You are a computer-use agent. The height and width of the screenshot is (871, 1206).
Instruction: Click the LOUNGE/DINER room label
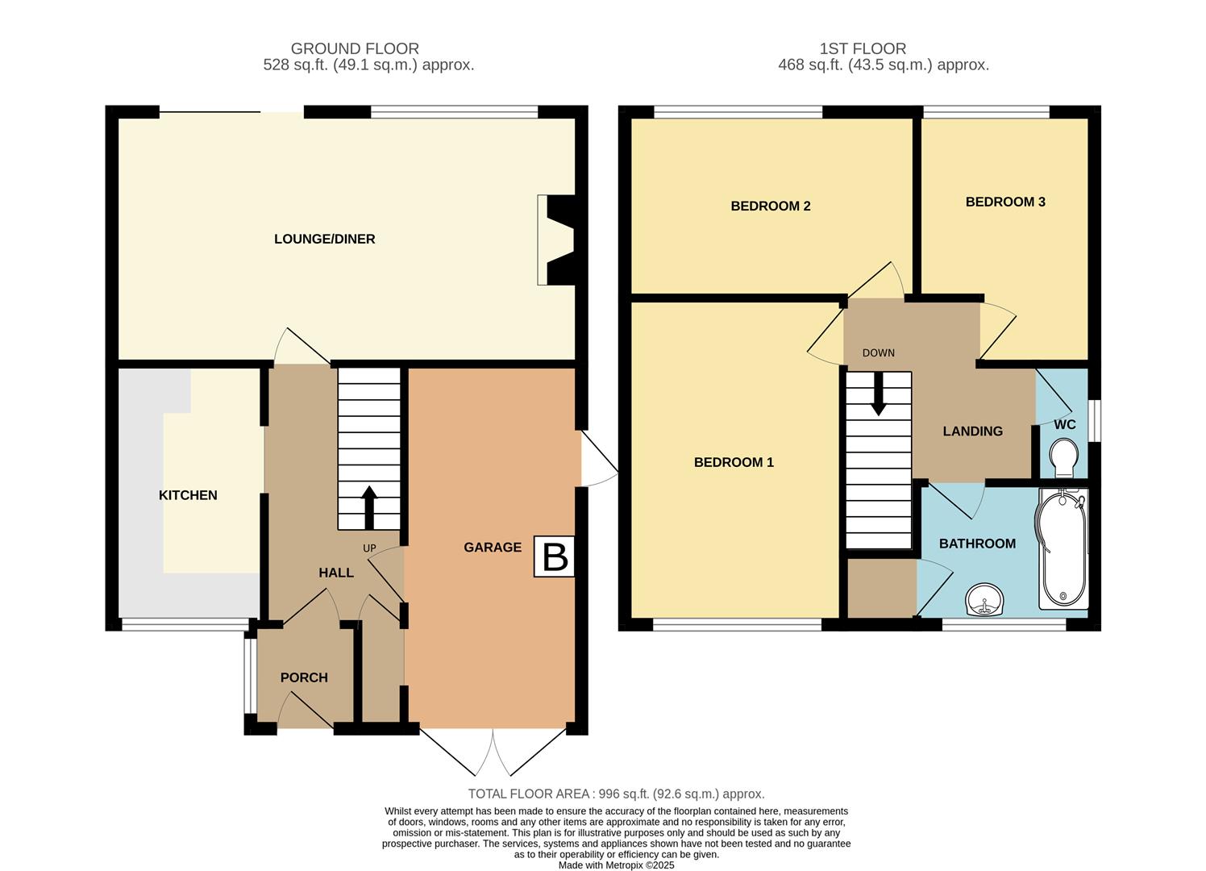point(324,239)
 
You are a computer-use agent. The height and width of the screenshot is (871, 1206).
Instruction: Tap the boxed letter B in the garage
point(555,556)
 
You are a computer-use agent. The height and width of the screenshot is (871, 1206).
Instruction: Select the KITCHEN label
point(188,495)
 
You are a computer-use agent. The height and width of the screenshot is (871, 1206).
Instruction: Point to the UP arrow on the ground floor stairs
point(369,506)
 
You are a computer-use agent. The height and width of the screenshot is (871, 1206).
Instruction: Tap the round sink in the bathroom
point(984,601)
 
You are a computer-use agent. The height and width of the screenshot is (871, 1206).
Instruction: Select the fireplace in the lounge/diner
point(558,240)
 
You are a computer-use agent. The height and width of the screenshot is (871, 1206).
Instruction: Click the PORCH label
point(304,677)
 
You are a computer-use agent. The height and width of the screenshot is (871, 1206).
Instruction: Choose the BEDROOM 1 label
point(734,462)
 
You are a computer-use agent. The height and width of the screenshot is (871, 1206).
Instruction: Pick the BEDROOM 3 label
point(1005,202)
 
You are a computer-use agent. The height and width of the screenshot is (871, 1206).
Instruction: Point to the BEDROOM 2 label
point(770,206)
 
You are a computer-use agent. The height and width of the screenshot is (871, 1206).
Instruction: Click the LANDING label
point(972,431)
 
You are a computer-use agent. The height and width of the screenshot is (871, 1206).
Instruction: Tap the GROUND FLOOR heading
point(355,48)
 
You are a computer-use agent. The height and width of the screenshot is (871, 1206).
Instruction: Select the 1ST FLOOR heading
point(863,48)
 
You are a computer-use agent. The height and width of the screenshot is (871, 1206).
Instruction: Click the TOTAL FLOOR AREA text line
point(616,794)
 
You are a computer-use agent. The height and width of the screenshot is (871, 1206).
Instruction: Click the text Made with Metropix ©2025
point(616,865)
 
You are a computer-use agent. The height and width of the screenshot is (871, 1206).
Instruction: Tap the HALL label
point(335,573)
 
